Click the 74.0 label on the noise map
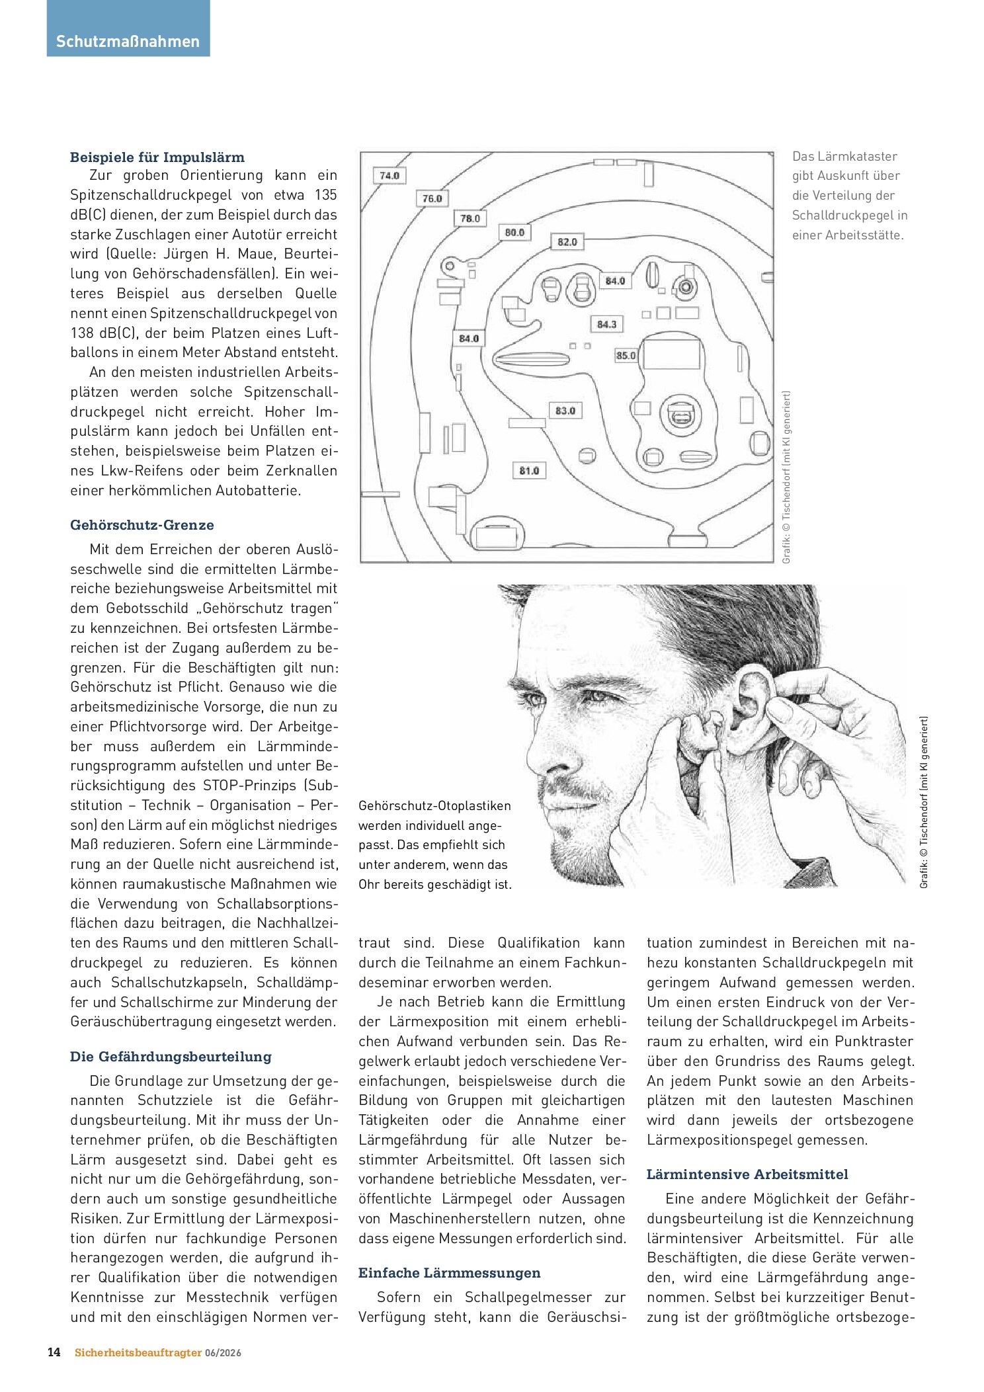(x=389, y=176)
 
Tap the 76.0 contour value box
(x=432, y=198)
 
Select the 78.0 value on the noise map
(x=470, y=218)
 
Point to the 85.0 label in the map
(x=626, y=356)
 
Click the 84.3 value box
(x=606, y=325)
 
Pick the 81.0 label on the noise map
(x=529, y=471)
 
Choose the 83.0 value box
(x=565, y=411)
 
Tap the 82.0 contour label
(x=567, y=242)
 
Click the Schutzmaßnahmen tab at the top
(x=128, y=42)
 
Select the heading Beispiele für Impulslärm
(x=157, y=157)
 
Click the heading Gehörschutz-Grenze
(x=142, y=525)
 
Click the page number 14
(x=54, y=1352)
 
